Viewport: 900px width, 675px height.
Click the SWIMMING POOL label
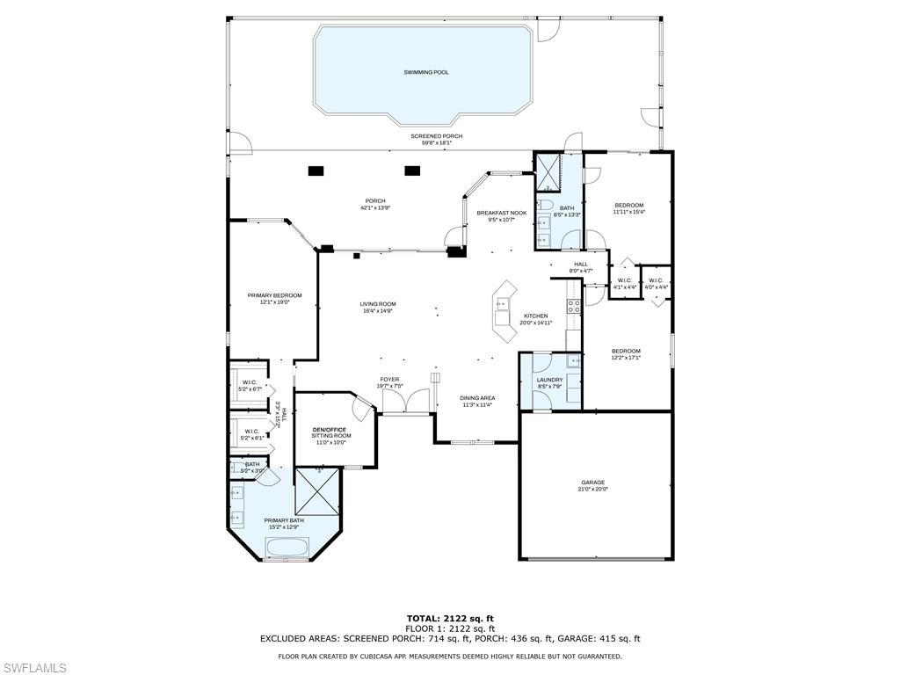pyautogui.click(x=426, y=72)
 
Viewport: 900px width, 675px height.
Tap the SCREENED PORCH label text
pyautogui.click(x=436, y=136)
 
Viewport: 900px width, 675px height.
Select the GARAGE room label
pyautogui.click(x=592, y=482)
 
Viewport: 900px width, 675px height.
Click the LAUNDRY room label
pyautogui.click(x=549, y=380)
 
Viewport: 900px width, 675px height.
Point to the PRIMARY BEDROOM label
pyautogui.click(x=274, y=295)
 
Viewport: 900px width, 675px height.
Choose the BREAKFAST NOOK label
pyautogui.click(x=502, y=213)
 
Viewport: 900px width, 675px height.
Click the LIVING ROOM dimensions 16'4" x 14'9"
pyautogui.click(x=377, y=310)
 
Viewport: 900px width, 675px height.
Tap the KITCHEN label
pyautogui.click(x=536, y=316)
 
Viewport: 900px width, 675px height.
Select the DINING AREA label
pyautogui.click(x=477, y=398)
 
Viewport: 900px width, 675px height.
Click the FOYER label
pyautogui.click(x=389, y=380)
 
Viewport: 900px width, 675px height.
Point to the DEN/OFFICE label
pyautogui.click(x=330, y=429)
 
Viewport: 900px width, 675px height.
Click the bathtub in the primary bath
pyautogui.click(x=286, y=548)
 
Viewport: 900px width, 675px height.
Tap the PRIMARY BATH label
pyautogui.click(x=284, y=520)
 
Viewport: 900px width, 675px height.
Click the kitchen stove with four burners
pyautogui.click(x=573, y=307)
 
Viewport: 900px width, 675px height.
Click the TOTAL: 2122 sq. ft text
pyautogui.click(x=450, y=619)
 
